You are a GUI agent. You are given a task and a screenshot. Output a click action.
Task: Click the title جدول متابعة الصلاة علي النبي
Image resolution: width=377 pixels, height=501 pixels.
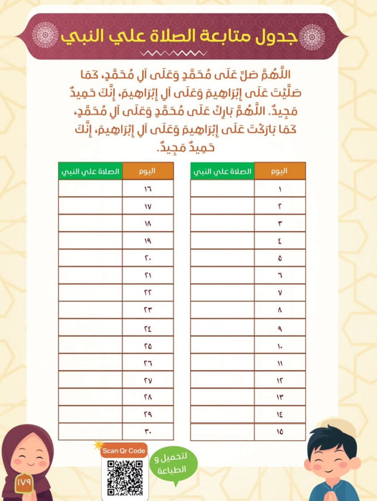click(188, 34)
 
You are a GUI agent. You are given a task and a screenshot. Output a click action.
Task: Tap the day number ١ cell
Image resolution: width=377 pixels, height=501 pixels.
click(280, 189)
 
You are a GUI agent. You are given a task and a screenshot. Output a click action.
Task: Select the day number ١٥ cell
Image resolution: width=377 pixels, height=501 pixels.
click(280, 432)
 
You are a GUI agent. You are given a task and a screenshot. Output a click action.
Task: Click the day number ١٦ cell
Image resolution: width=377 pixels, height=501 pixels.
click(148, 189)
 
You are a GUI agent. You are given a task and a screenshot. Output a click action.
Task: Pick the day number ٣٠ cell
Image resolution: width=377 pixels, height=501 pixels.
click(148, 432)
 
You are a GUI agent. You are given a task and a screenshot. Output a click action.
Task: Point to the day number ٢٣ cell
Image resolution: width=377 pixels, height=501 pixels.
click(148, 310)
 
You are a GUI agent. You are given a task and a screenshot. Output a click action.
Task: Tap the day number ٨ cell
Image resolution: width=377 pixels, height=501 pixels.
click(280, 310)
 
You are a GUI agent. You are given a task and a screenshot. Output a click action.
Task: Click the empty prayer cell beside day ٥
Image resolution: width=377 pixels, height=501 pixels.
click(222, 258)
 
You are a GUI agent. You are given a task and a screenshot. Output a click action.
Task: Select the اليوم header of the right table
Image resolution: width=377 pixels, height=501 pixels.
click(280, 171)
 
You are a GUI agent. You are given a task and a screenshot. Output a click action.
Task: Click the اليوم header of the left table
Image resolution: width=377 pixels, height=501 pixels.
click(148, 171)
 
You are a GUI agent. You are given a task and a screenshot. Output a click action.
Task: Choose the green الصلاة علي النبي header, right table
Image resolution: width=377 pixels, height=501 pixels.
click(222, 171)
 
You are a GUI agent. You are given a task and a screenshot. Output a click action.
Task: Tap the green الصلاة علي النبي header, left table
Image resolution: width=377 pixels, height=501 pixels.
click(90, 171)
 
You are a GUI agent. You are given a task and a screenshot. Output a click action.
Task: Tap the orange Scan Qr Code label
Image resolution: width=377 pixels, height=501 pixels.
click(123, 450)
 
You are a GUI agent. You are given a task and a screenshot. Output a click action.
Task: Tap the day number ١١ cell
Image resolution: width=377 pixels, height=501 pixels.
click(280, 362)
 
